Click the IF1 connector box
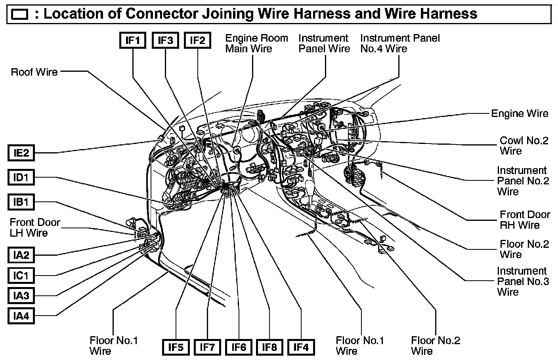(133, 40)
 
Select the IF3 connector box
(165, 40)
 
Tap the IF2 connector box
(197, 40)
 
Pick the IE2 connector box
(21, 153)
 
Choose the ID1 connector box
(21, 177)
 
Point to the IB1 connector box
(21, 202)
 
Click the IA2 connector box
(21, 255)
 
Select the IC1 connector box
(21, 275)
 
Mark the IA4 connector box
(21, 316)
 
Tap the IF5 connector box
(176, 347)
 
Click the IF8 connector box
(269, 347)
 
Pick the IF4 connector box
(301, 347)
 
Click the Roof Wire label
(34, 72)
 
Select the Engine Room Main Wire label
(256, 43)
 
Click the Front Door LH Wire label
(35, 227)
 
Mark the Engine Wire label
(520, 113)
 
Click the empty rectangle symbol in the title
(20, 15)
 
